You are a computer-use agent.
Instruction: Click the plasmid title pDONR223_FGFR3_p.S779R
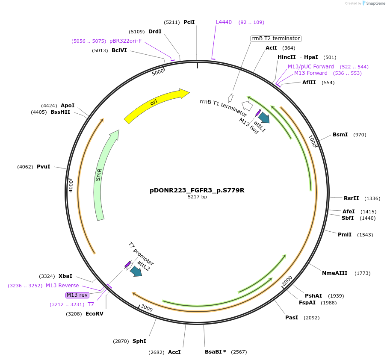pyautogui.click(x=197, y=190)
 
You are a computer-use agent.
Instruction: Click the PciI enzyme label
pyautogui.click(x=189, y=22)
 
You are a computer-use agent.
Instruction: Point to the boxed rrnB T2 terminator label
pyautogui.click(x=275, y=38)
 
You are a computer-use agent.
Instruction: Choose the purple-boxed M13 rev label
pyautogui.click(x=77, y=295)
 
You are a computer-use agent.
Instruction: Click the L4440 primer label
pyautogui.click(x=224, y=22)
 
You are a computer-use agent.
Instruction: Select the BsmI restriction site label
pyautogui.click(x=340, y=135)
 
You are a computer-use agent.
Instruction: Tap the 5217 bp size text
pyautogui.click(x=197, y=197)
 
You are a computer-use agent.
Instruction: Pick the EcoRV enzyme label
pyautogui.click(x=94, y=313)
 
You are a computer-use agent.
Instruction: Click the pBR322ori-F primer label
pyautogui.click(x=125, y=41)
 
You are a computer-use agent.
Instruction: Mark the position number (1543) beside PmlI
pyautogui.click(x=365, y=235)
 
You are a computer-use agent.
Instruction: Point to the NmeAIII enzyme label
pyautogui.click(x=334, y=273)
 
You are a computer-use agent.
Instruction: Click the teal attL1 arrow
pyautogui.click(x=264, y=118)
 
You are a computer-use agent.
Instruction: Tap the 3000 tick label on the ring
pyautogui.click(x=146, y=308)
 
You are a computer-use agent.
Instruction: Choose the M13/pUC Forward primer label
pyautogui.click(x=310, y=67)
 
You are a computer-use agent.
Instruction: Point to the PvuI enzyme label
pyautogui.click(x=43, y=166)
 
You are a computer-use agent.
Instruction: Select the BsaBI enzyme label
pyautogui.click(x=215, y=352)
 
